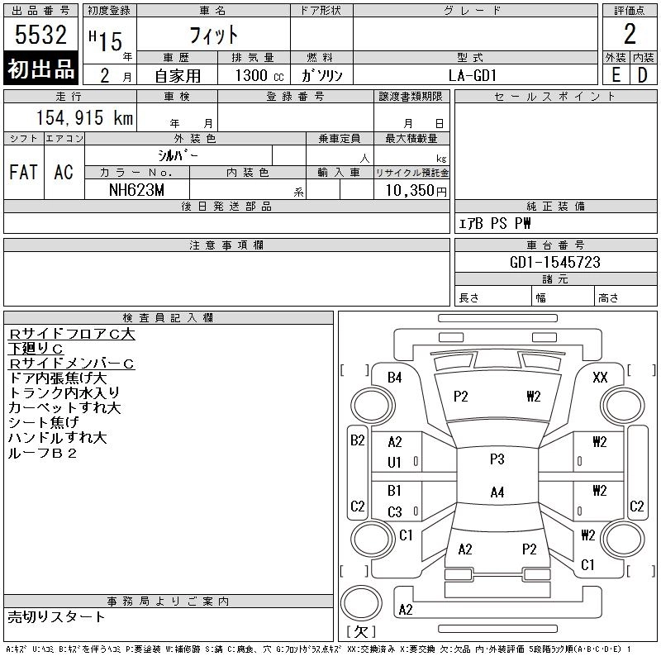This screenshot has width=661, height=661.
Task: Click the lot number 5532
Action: pyautogui.click(x=41, y=36)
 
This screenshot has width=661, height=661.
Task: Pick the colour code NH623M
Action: pyautogui.click(x=137, y=190)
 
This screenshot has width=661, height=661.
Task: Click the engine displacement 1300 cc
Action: pyautogui.click(x=254, y=75)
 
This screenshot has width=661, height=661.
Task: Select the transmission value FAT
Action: pyautogui.click(x=23, y=172)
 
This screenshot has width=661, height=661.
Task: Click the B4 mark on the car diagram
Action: pyautogui.click(x=395, y=378)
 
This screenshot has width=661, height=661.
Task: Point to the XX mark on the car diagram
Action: pyautogui.click(x=601, y=378)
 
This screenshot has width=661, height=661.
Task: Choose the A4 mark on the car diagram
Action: pyautogui.click(x=497, y=492)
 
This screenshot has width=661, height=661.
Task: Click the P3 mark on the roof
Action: pyautogui.click(x=497, y=459)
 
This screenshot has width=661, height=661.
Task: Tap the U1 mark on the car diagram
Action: pyautogui.click(x=395, y=463)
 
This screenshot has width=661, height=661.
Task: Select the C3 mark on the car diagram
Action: pyautogui.click(x=395, y=512)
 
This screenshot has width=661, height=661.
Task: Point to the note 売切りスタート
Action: pyautogui.click(x=56, y=616)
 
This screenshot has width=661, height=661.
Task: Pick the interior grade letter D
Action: pyautogui.click(x=642, y=75)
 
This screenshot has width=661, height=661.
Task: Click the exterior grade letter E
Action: pyautogui.click(x=616, y=75)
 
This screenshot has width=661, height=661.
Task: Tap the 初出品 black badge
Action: pyautogui.click(x=41, y=69)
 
